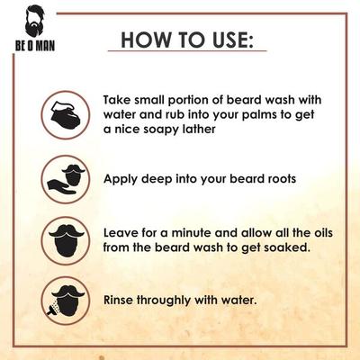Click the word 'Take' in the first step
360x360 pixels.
(119, 98)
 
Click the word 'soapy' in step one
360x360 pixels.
(154, 130)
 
